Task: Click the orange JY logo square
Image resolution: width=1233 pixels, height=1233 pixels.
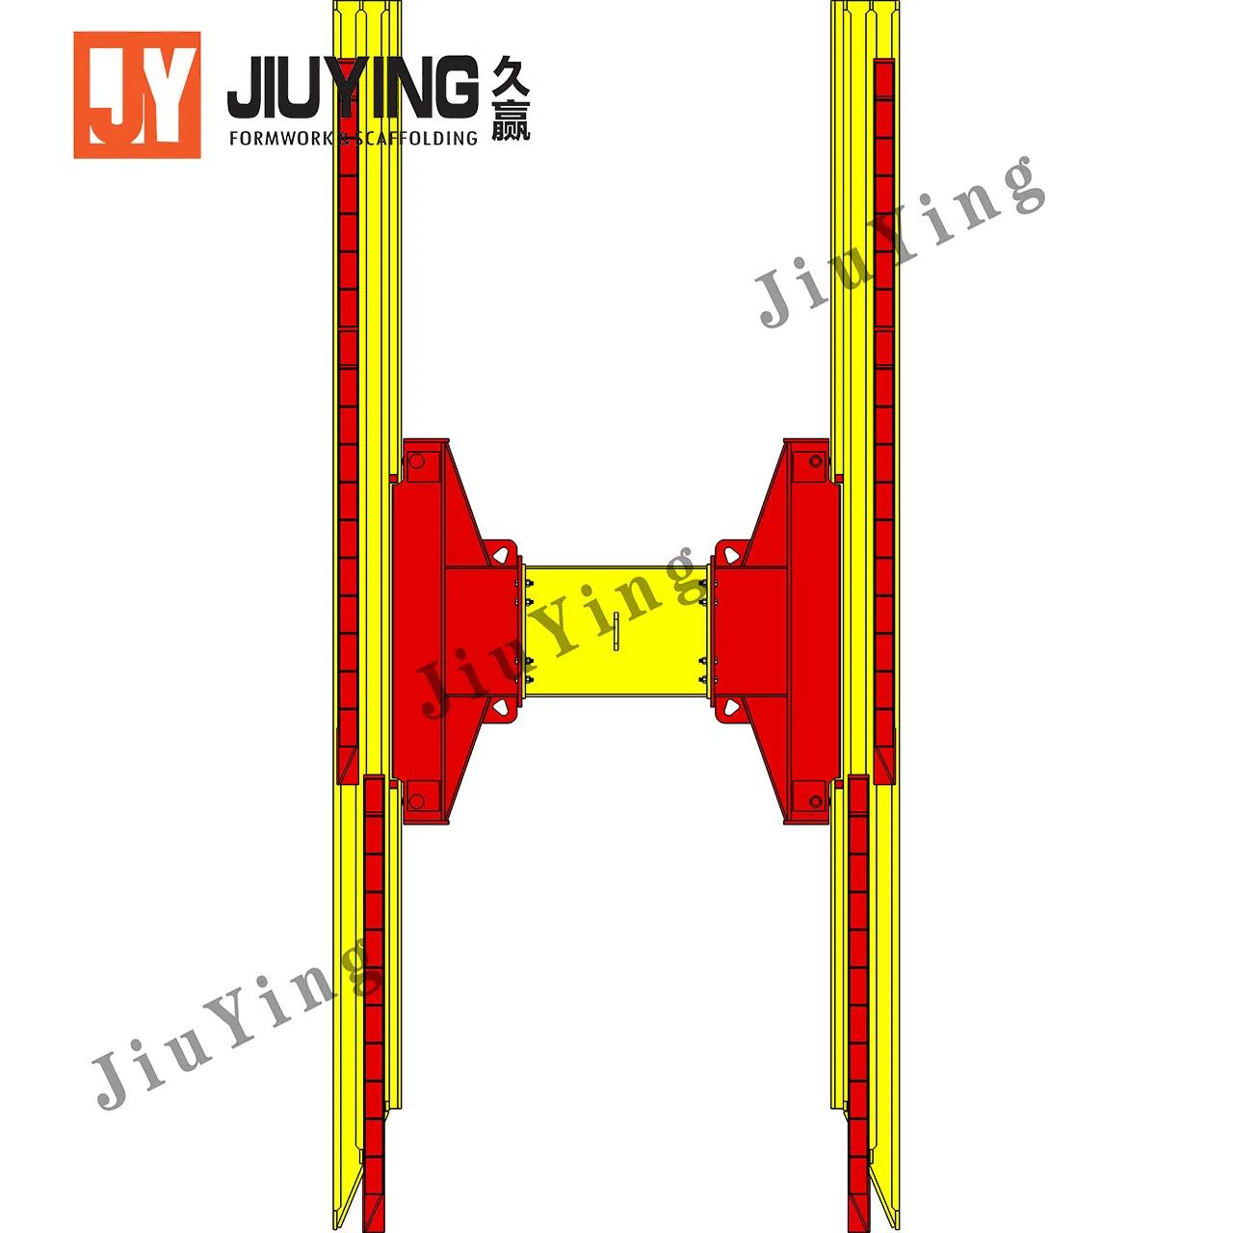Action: (x=137, y=94)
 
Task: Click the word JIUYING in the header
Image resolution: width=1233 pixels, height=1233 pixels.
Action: (x=353, y=88)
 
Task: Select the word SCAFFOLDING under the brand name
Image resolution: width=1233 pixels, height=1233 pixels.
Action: (x=416, y=139)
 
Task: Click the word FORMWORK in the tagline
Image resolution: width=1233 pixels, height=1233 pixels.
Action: (x=279, y=139)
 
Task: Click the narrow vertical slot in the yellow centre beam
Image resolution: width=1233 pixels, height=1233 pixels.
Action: (x=616, y=630)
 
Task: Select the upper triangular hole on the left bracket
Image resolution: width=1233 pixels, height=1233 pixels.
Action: (x=501, y=554)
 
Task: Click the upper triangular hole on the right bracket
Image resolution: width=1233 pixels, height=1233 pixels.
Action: (x=732, y=554)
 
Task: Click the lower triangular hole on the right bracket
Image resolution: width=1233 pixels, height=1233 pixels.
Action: (x=732, y=708)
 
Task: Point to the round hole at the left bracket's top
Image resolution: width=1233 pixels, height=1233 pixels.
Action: (x=417, y=462)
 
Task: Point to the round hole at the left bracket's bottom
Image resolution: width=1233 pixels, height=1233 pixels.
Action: (x=417, y=800)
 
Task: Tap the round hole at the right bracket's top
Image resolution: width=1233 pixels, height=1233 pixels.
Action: (x=816, y=462)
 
